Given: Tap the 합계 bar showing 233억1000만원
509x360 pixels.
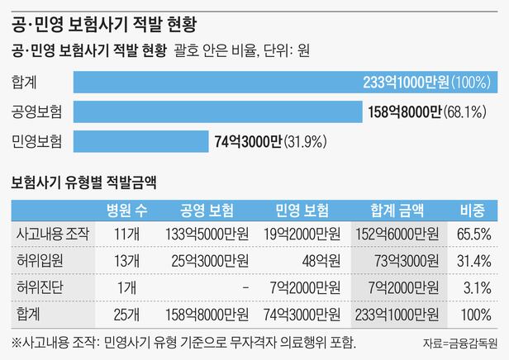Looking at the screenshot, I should tap(285, 82).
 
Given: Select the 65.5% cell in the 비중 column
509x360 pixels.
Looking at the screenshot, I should tap(474, 234).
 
